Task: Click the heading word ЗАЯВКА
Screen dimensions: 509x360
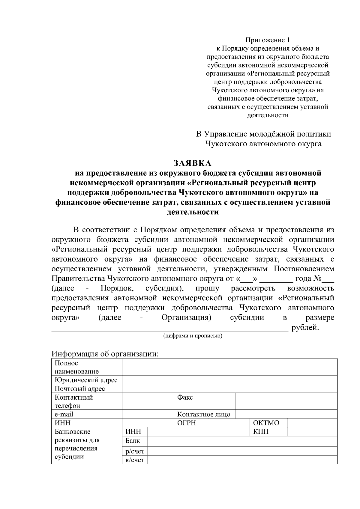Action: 193,163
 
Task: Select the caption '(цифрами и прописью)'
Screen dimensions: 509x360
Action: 193,336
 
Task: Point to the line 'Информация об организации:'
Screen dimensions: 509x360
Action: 105,354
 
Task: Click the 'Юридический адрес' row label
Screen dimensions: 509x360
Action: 86,380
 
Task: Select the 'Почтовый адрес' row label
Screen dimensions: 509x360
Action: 80,389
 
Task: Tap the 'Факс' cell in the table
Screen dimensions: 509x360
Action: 185,397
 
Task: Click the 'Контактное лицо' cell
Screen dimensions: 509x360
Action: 204,415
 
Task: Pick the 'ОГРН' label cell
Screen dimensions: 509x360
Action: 187,423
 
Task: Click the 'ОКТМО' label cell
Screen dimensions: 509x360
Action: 266,423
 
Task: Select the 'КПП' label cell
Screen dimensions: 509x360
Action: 261,432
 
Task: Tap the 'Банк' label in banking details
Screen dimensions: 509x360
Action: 133,441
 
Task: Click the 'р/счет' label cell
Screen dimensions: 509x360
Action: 135,451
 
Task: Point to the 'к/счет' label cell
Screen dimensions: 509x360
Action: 135,460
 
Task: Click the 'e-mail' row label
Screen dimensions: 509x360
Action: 64,415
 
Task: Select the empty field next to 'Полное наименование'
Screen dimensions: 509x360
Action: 229,367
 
